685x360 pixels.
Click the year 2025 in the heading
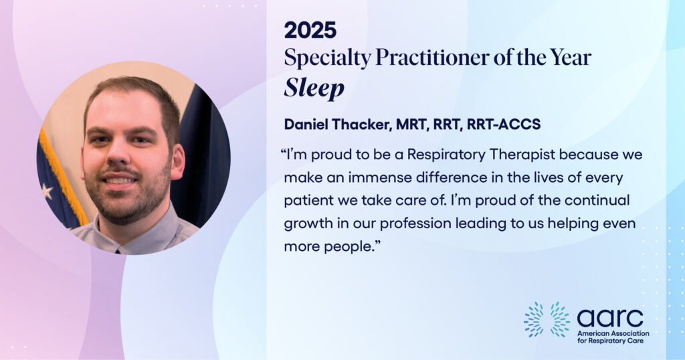click(310, 30)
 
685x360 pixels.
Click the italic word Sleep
click(314, 89)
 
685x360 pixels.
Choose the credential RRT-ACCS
click(504, 124)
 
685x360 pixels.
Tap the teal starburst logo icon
click(547, 319)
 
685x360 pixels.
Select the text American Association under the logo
click(613, 333)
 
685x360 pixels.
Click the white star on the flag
click(47, 191)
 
